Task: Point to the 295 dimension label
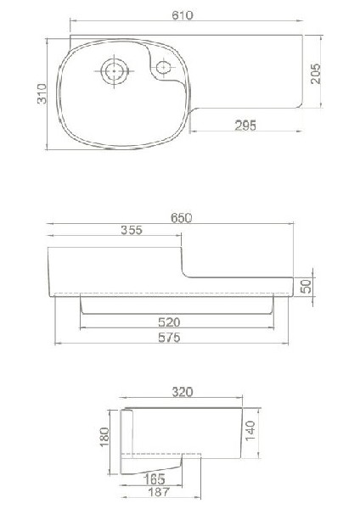246,125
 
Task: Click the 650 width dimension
182,217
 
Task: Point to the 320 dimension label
183,392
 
